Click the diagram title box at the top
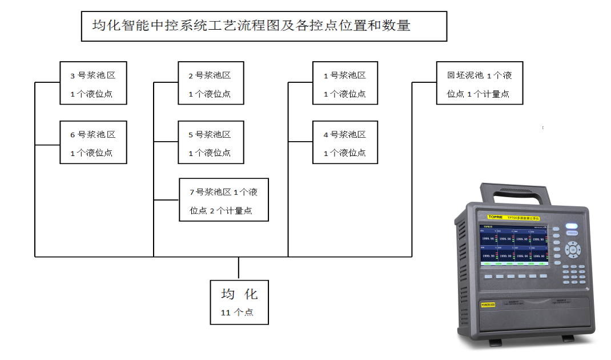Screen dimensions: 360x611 (264, 26)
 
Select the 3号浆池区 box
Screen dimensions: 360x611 (93, 83)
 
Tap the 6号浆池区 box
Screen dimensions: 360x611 (93, 143)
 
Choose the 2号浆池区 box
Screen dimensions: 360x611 (211, 83)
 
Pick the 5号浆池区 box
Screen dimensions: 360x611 (211, 143)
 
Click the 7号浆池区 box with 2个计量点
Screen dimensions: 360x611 (223, 201)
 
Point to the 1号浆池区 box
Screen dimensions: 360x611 (345, 83)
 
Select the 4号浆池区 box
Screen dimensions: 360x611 (345, 143)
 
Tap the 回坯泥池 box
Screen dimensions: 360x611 (480, 83)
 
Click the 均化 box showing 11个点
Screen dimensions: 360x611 (239, 302)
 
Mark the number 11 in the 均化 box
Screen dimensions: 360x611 (226, 313)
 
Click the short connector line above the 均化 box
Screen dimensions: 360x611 (239, 267)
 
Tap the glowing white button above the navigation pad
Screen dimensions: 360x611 (572, 226)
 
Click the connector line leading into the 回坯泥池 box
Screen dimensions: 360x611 (424, 82)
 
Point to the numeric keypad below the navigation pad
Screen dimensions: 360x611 (573, 273)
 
